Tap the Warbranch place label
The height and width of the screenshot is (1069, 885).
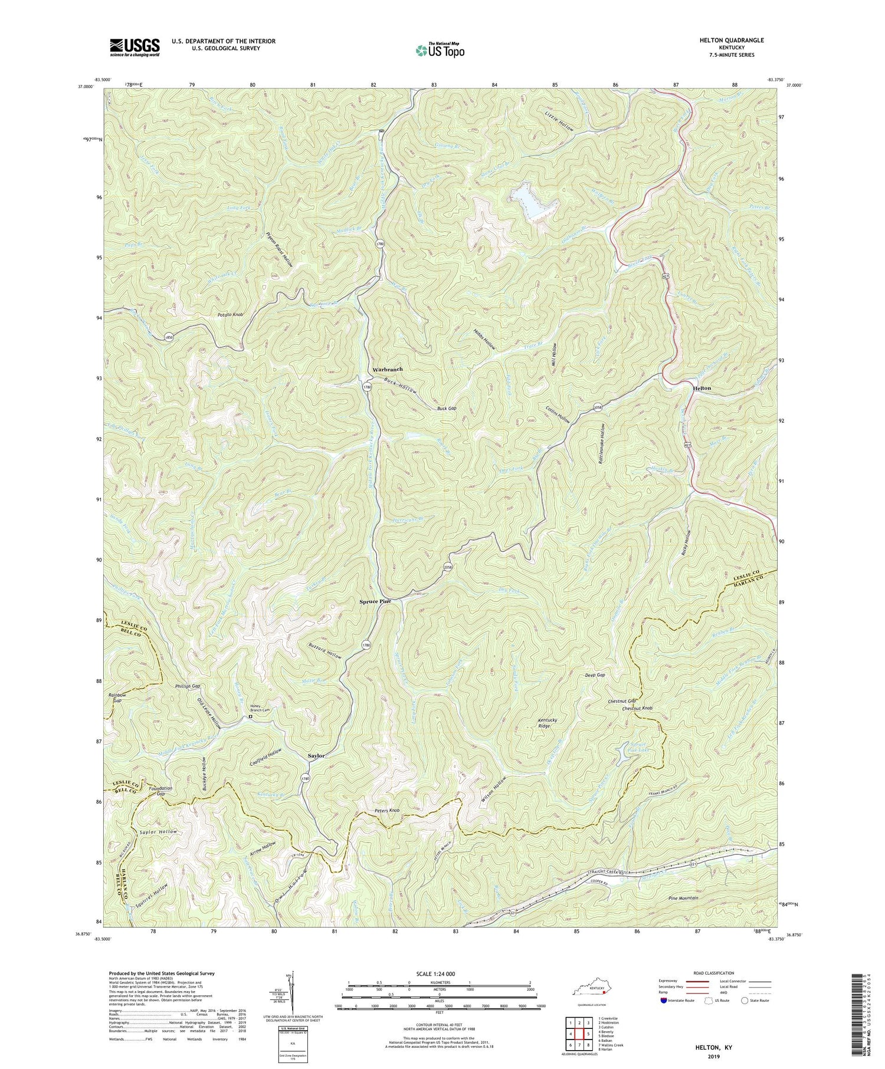tap(387, 369)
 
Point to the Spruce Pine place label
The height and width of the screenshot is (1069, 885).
tap(376, 602)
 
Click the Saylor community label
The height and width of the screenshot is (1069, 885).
tap(316, 755)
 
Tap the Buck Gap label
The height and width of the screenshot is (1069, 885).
tap(447, 408)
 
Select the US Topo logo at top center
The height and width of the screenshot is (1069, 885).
tap(440, 50)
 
